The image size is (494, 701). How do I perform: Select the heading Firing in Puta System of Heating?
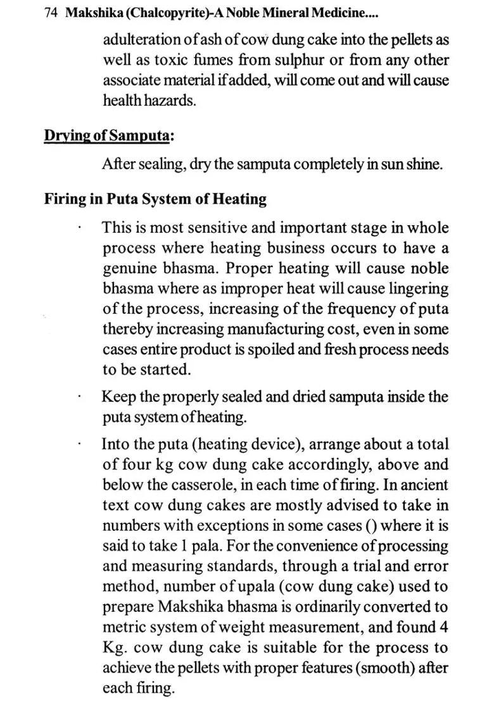click(x=155, y=199)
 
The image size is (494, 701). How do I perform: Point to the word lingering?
click(x=418, y=288)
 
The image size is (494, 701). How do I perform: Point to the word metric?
click(x=123, y=627)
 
